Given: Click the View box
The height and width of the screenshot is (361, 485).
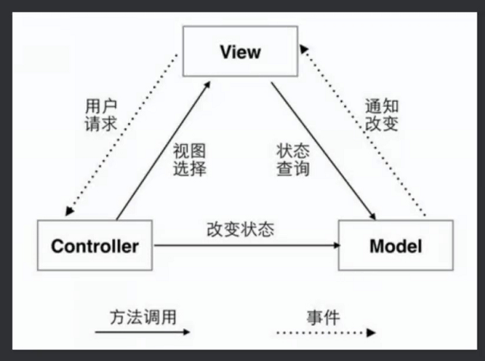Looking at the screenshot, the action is [x=240, y=52].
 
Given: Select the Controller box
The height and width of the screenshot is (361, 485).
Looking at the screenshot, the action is [x=95, y=245].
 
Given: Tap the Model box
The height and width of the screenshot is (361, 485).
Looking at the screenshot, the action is [x=396, y=245].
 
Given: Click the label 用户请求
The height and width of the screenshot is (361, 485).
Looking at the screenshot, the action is [x=101, y=115].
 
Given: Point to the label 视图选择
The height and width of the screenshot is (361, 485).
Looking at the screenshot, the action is [x=189, y=160].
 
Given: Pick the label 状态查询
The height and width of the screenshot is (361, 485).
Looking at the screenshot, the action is [x=293, y=160].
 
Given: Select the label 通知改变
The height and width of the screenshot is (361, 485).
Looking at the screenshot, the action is [x=382, y=115].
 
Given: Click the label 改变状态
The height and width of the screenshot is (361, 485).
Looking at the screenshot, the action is [x=240, y=230].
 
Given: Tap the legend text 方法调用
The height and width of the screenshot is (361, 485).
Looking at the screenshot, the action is [x=143, y=317].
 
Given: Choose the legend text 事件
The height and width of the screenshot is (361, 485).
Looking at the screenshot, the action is [x=324, y=318].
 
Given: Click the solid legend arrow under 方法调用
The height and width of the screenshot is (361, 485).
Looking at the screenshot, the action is [x=142, y=332].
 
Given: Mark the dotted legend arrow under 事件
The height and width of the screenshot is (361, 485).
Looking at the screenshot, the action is [x=327, y=333].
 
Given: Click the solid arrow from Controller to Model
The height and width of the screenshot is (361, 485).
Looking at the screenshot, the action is [x=247, y=245].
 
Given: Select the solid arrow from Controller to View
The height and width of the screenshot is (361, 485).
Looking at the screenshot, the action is [x=164, y=150].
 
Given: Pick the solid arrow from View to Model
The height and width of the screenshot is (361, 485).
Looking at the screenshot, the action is [x=324, y=151].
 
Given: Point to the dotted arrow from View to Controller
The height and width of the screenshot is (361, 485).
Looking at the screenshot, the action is [x=121, y=135].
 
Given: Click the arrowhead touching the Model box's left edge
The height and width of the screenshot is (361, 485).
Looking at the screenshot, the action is [x=336, y=245].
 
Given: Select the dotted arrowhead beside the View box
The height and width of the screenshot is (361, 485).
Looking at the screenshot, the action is [x=303, y=49].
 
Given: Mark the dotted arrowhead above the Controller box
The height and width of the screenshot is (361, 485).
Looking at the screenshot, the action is [x=69, y=211].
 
